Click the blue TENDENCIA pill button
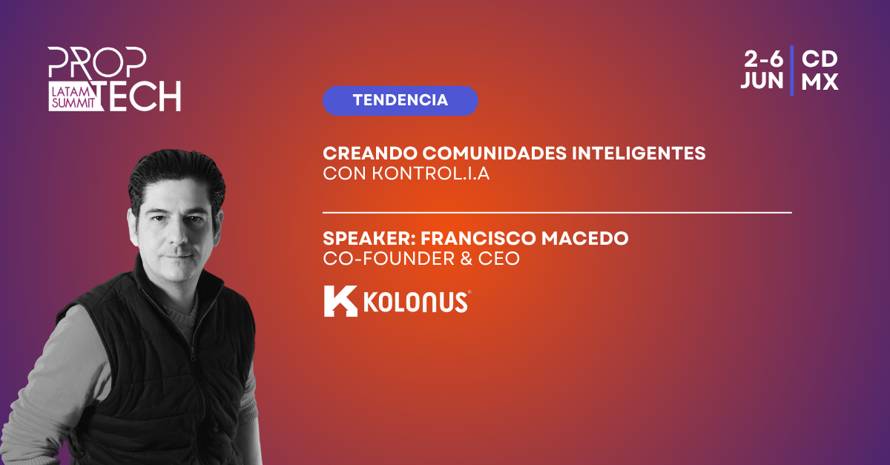click(400, 101)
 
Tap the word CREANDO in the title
click(370, 154)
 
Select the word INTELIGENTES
click(639, 154)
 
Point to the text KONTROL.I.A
click(431, 174)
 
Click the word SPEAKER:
click(369, 239)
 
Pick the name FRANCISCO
click(478, 239)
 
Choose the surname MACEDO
click(585, 239)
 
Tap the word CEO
click(498, 259)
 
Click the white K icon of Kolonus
click(340, 301)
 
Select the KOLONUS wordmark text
click(415, 303)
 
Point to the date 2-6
click(764, 59)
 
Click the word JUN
click(762, 81)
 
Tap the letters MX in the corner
click(820, 82)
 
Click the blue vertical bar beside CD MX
click(792, 70)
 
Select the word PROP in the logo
click(97, 62)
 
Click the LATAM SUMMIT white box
click(74, 96)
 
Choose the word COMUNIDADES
click(495, 154)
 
